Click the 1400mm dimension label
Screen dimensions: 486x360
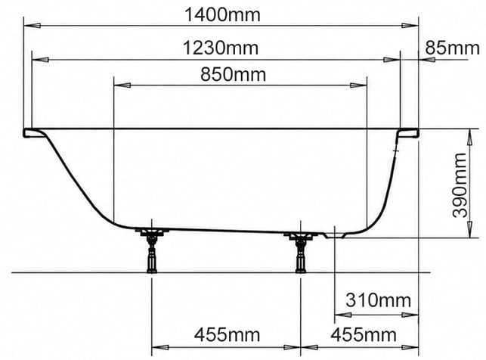coord(222,15)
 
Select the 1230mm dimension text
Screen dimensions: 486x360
coord(221,48)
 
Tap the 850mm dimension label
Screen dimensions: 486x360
coord(233,74)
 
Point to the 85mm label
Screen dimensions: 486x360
coord(452,48)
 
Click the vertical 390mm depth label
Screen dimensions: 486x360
coord(460,185)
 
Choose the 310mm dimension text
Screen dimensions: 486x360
coord(378,299)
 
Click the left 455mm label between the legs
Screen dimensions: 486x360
coord(227,335)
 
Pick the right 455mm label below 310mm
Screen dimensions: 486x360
coord(364,335)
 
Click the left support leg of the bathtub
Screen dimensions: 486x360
coord(152,250)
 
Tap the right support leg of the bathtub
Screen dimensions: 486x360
coord(300,252)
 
